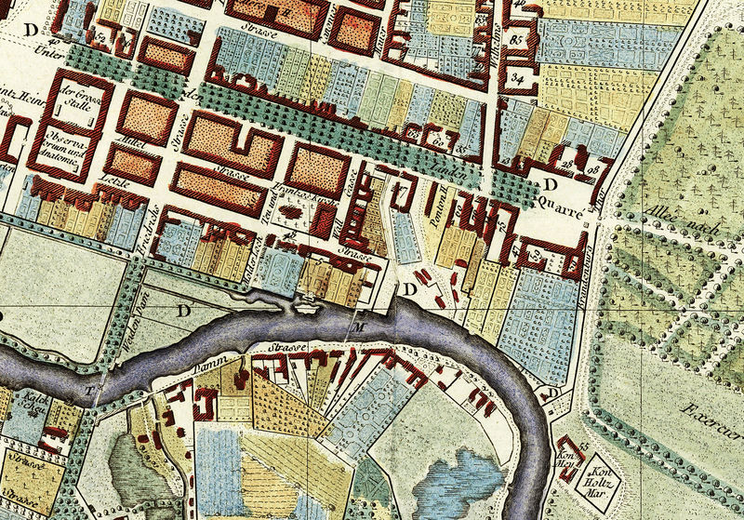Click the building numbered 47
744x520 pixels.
click(516, 249)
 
